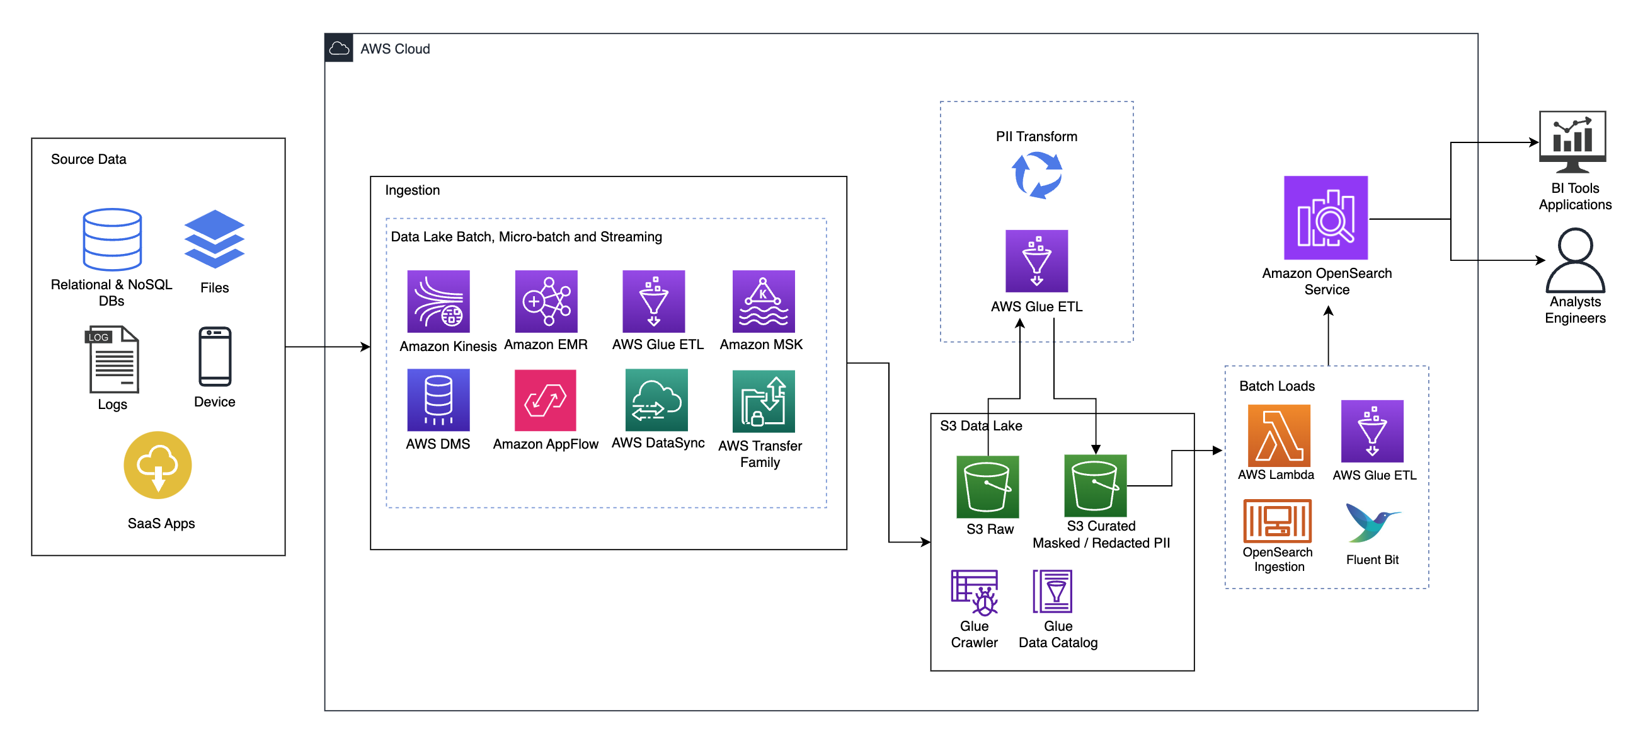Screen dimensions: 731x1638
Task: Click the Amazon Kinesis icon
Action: (x=438, y=301)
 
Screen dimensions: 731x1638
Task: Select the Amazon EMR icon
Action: (x=546, y=301)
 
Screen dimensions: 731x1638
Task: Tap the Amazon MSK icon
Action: (x=763, y=301)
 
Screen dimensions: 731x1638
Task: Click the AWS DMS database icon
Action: (x=438, y=400)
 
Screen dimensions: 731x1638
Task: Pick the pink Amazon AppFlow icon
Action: (x=545, y=400)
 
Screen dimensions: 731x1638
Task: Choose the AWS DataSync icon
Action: (x=656, y=400)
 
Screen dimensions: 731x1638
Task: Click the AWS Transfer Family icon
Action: (x=763, y=401)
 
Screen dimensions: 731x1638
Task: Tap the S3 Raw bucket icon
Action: (x=987, y=486)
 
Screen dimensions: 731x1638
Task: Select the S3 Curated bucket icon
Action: (x=1095, y=485)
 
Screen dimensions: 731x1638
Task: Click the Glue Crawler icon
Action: (x=974, y=592)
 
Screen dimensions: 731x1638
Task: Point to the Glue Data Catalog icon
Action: (x=1052, y=591)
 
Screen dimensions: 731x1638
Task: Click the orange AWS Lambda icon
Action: (x=1279, y=435)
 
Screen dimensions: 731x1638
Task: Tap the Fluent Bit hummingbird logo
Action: (x=1372, y=522)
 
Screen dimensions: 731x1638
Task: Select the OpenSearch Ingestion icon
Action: (x=1277, y=520)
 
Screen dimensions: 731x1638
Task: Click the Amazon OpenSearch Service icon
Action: (x=1325, y=217)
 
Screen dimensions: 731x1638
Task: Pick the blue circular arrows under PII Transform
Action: (x=1036, y=175)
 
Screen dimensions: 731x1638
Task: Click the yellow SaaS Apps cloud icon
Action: (x=157, y=464)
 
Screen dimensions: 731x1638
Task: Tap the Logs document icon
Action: (x=113, y=359)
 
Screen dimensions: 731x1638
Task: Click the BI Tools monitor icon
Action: (x=1572, y=141)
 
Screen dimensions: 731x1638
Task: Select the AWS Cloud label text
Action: (x=395, y=49)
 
